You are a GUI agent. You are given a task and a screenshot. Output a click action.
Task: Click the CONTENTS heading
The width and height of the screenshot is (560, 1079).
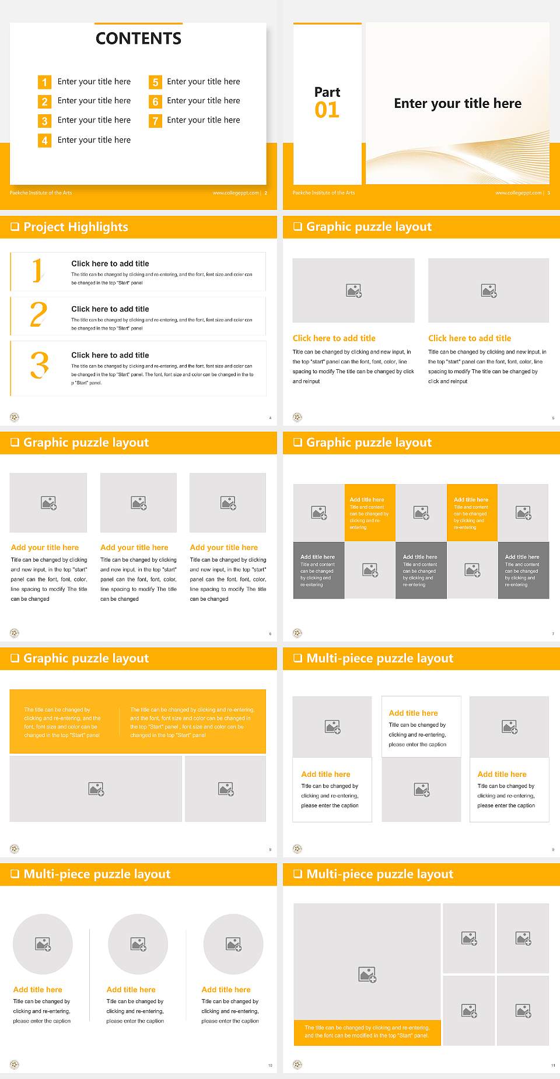tap(138, 38)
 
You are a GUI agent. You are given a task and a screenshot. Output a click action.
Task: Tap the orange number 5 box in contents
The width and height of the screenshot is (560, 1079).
tap(155, 82)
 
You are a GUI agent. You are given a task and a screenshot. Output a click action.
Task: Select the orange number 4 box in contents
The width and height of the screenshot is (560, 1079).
tap(44, 141)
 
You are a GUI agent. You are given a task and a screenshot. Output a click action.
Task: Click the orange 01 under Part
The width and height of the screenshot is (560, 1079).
tap(327, 110)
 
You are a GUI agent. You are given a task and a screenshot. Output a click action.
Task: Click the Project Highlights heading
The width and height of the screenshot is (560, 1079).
tap(76, 227)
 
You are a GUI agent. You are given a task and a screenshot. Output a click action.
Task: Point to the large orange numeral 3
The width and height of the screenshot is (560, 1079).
tap(39, 365)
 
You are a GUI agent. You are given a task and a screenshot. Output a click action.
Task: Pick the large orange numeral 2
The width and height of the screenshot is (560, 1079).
tap(38, 314)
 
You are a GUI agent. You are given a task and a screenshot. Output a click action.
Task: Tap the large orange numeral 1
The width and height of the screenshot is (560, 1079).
tap(37, 271)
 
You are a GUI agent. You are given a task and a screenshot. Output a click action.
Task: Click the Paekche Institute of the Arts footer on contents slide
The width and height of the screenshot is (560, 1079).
tap(41, 192)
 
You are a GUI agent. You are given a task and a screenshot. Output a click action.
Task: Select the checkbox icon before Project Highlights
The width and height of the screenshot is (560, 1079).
tap(15, 227)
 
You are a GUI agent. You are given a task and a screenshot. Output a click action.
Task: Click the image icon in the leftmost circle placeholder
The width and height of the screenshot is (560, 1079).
tap(43, 944)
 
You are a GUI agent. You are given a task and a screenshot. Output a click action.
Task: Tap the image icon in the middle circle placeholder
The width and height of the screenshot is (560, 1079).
tap(138, 944)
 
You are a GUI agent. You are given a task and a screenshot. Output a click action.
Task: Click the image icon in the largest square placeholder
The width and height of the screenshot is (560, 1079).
tap(367, 974)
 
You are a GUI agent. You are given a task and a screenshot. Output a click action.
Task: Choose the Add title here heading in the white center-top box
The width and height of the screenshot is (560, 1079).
tap(413, 713)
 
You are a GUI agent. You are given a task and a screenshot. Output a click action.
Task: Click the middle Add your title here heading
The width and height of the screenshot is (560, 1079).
tap(134, 547)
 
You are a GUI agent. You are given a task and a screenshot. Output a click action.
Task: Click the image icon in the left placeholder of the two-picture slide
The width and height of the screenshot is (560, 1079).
tap(353, 290)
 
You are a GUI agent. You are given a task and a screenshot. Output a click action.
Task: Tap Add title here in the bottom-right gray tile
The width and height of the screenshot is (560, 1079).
tap(522, 556)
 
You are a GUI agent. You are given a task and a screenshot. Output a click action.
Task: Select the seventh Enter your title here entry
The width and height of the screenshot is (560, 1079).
tap(203, 120)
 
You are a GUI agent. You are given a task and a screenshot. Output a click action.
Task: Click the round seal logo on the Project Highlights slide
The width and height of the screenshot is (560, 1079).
tap(15, 417)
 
